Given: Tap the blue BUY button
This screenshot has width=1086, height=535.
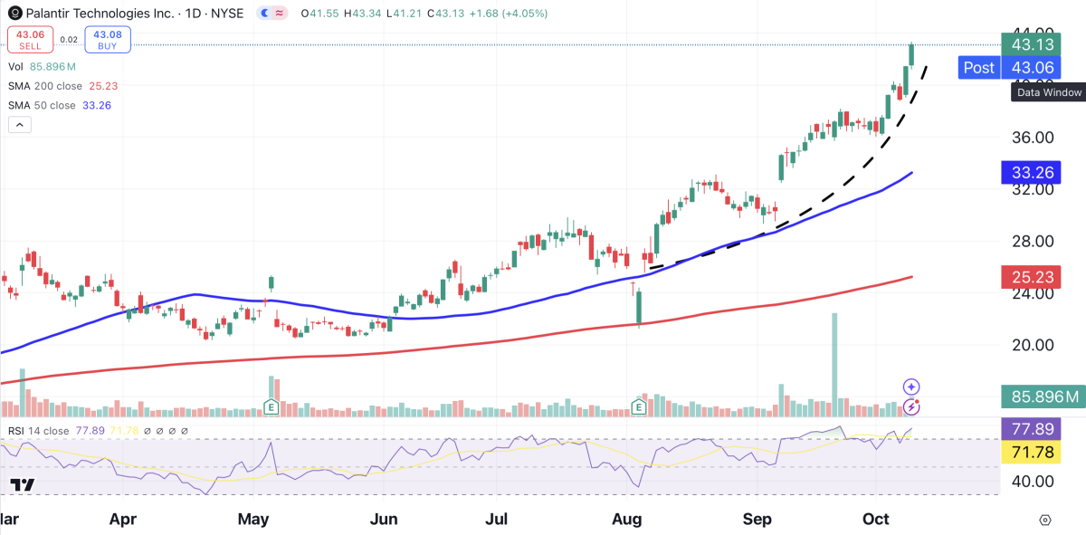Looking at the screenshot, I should pyautogui.click(x=109, y=39).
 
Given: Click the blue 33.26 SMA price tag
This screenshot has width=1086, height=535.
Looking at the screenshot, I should pyautogui.click(x=1031, y=172).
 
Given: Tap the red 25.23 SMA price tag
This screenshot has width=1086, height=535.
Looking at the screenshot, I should pyautogui.click(x=1031, y=277).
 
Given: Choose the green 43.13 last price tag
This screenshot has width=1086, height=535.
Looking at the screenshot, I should pyautogui.click(x=1031, y=43).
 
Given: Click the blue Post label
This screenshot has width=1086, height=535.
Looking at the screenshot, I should pyautogui.click(x=978, y=67).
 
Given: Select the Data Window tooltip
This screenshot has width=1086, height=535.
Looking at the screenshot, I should pyautogui.click(x=1049, y=92).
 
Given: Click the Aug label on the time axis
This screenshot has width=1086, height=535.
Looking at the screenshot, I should pyautogui.click(x=627, y=520).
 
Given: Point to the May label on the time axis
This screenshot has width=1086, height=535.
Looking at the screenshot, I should pyautogui.click(x=254, y=520).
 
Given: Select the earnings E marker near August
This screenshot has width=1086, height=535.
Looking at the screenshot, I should pyautogui.click(x=639, y=408).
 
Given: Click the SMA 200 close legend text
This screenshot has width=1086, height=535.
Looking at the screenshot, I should pyautogui.click(x=62, y=86).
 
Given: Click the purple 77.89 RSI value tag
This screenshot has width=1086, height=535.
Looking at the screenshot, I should pyautogui.click(x=1031, y=429).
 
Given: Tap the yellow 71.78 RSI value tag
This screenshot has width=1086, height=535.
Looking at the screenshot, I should pyautogui.click(x=1031, y=452).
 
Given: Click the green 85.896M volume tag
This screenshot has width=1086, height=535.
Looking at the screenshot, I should pyautogui.click(x=1043, y=396).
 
